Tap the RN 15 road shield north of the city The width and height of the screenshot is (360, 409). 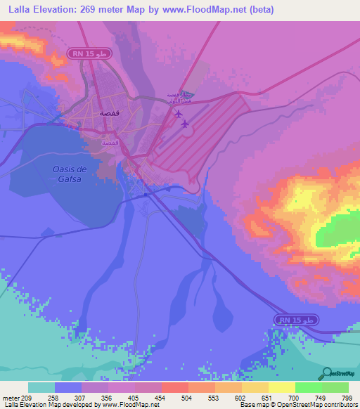tap(87, 53)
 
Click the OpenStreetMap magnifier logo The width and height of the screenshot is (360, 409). tap(327, 372)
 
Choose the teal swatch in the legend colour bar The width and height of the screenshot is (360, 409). tap(41, 388)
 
